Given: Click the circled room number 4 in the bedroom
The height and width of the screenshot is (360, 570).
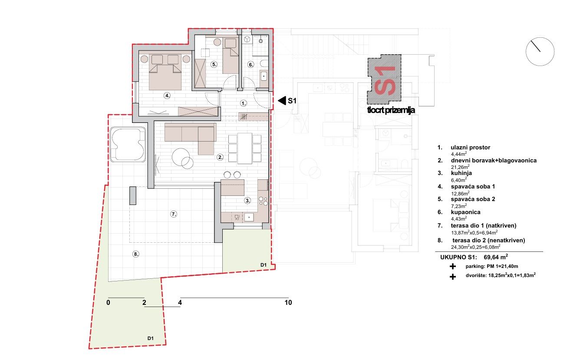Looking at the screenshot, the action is tap(167, 96).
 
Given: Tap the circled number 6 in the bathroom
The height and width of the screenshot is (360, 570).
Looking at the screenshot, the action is tap(251, 65).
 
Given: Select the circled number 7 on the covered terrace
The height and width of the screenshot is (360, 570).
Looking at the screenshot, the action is tap(174, 214).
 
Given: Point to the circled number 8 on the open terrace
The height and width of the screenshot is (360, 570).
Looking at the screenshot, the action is tap(136, 254).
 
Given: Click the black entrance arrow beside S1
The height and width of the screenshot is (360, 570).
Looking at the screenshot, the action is tap(282, 101).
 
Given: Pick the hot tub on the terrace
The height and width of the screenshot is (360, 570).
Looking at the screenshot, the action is tap(128, 145).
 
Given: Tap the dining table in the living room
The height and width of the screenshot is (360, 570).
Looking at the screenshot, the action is tap(245, 149).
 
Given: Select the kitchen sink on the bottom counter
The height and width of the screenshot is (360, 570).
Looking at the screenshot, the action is tap(249, 217).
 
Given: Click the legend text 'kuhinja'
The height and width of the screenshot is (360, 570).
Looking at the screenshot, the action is tap(461, 173).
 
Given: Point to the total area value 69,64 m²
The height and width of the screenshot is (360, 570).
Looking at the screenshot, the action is tap(496, 257).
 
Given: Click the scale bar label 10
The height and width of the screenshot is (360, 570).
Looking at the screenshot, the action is tap(288, 303).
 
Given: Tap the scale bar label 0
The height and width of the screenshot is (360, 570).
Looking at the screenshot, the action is tap(108, 303).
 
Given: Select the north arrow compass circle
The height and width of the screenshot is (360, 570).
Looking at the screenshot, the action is tap(540, 52).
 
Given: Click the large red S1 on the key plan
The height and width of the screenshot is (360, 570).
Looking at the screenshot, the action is tap(385, 80).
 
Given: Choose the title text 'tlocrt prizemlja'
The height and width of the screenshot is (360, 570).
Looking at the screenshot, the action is tap(391, 110).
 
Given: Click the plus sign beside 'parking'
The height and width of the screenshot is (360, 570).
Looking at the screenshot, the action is tap(453, 267).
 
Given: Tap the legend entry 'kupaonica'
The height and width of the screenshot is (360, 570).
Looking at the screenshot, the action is tap(466, 212).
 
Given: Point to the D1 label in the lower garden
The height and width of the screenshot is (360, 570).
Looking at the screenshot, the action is tap(150, 338).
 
